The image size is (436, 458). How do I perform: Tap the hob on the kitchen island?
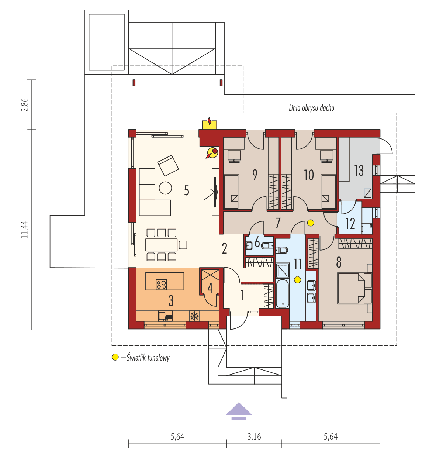tap(161, 284)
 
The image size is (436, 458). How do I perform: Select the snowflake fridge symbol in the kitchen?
tap(194, 316)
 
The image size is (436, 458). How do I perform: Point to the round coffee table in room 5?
tap(165, 188)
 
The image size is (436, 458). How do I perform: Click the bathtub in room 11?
tap(283, 294)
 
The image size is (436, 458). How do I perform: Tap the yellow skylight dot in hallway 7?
tap(311, 223)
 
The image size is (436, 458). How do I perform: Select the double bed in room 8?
tap(353, 288)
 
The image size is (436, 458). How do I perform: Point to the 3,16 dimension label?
tap(254, 437)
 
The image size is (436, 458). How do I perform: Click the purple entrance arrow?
tap(239, 411)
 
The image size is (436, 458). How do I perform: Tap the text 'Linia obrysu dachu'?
tap(312, 108)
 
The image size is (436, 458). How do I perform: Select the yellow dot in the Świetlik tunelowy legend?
tap(115, 357)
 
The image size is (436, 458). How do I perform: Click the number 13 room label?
tap(359, 171)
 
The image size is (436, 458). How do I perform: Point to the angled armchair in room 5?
tap(168, 165)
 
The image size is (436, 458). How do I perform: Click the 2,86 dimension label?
tap(25, 104)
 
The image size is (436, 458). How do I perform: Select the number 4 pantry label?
tap(210, 288)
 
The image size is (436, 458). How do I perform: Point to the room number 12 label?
tap(350, 223)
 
